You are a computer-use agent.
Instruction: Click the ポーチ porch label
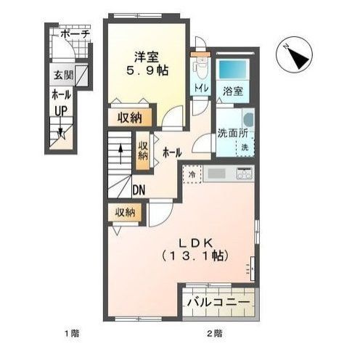[75, 34]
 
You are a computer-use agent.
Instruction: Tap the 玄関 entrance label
[63, 75]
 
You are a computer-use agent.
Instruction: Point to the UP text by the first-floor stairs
[61, 111]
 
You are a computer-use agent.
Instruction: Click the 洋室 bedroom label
[147, 57]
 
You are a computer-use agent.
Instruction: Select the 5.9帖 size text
[147, 70]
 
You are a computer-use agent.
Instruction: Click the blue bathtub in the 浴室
[233, 70]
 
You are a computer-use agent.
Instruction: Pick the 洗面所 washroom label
[233, 134]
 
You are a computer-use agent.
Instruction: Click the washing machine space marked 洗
[245, 147]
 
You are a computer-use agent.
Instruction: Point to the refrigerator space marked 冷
[192, 174]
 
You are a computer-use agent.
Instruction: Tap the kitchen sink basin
[217, 174]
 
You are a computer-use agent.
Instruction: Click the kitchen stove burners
[244, 174]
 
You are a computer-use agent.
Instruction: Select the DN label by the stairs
[139, 190]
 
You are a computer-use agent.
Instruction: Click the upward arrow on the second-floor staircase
[120, 154]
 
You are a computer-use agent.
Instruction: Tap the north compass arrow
[298, 57]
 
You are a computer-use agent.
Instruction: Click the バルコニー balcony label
[218, 302]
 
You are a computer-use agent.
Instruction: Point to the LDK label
[195, 242]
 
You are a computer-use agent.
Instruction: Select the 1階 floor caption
[72, 334]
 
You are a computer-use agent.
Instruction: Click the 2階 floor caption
[214, 334]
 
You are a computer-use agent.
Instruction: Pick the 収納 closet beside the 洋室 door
[130, 118]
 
